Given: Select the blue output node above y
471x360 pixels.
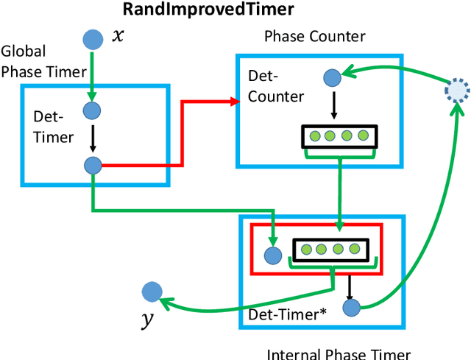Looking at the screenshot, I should (152, 292).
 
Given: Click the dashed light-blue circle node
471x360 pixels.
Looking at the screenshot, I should (457, 90).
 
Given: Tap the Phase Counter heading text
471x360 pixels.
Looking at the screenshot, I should (314, 36).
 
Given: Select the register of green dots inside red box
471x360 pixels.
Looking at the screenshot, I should (330, 249).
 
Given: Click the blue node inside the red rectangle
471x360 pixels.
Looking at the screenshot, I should (273, 255).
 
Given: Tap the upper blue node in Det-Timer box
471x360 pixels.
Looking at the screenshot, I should (92, 111).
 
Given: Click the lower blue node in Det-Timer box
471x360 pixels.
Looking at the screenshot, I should (92, 166).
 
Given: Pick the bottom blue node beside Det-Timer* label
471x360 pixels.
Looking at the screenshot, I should (350, 307).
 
